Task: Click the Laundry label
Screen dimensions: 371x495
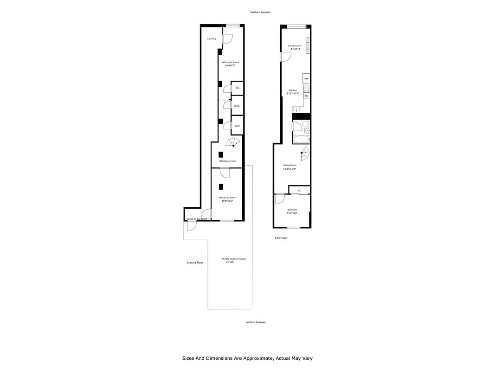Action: pos(212,39)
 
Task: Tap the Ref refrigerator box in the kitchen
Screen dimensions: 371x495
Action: pos(306,79)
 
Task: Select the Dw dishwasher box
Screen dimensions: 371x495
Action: pos(306,96)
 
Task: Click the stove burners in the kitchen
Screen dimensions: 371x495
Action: pos(306,89)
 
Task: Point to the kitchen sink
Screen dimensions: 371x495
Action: pos(296,109)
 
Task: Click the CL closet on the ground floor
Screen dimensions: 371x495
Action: pos(238,88)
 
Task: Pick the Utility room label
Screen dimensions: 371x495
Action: pos(237,106)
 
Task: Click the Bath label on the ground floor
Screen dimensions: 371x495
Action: pos(237,126)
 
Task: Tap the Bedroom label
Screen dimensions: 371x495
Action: pos(292,210)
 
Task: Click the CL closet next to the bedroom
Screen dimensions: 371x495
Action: pos(299,190)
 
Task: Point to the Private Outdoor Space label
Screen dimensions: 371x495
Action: pos(234,259)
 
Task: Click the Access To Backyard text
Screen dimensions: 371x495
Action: pos(196,219)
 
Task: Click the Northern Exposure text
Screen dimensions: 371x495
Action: pos(256,322)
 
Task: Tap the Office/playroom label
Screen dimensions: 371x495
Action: pos(228,161)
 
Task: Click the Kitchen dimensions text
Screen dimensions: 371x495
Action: pos(293,93)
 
